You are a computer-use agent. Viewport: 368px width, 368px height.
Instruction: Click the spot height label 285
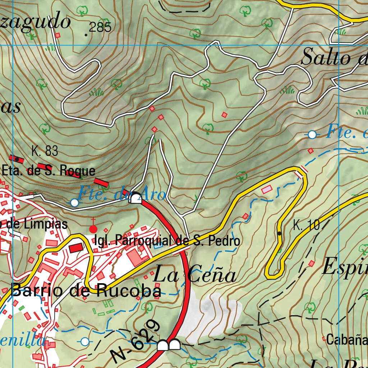[x=100, y=28]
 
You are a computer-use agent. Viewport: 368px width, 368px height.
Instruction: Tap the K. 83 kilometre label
[x=45, y=151]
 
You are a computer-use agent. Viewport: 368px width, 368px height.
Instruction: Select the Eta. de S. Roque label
[x=49, y=170]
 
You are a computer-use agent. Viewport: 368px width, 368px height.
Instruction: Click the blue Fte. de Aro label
[x=121, y=194]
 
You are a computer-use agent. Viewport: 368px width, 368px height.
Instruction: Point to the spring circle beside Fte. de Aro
[x=74, y=203]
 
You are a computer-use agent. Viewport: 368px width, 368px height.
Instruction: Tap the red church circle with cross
[x=93, y=229]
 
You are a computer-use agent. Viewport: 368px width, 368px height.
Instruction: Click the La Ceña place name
[x=194, y=276]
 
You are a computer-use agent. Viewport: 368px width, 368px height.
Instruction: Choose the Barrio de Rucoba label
[x=86, y=291]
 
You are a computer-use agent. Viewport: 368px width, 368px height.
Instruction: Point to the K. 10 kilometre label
[x=306, y=226]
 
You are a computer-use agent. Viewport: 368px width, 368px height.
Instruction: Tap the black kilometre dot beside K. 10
[x=280, y=234]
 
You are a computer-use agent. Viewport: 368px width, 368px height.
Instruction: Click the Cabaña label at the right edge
[x=346, y=340]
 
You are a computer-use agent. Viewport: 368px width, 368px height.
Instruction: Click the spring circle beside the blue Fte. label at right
[x=312, y=135]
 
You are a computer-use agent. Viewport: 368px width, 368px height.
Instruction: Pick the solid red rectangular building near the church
[x=76, y=248]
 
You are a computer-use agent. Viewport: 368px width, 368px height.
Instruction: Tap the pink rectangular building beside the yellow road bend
[x=267, y=189]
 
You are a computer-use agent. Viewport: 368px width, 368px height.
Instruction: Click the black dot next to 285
[x=86, y=35]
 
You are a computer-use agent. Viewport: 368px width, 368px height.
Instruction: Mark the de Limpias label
[x=34, y=224]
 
